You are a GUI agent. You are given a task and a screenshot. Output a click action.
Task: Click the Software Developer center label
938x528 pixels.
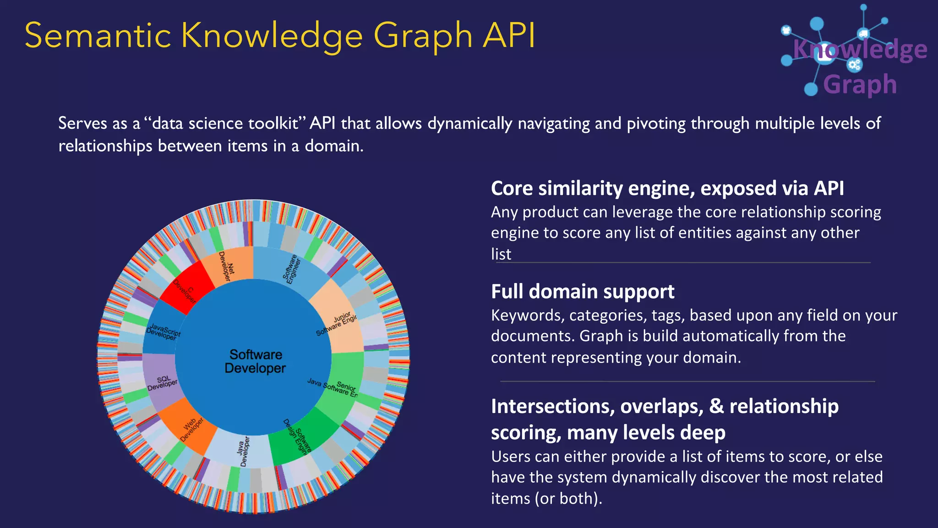[x=255, y=361]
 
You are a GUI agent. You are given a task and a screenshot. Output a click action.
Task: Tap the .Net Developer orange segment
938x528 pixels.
[x=228, y=266]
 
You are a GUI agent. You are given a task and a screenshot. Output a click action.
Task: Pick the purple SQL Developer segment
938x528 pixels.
[x=162, y=383]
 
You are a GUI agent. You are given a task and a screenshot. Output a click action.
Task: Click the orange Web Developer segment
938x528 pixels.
[x=191, y=429]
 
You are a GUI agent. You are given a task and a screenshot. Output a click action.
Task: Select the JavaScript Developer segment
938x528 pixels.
[x=163, y=331]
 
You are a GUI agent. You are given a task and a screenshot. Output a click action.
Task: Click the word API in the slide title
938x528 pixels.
[x=509, y=35]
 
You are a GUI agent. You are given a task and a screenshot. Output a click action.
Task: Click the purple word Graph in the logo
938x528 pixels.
[x=860, y=85]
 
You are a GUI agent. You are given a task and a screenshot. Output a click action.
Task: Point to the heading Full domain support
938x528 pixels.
[x=583, y=291]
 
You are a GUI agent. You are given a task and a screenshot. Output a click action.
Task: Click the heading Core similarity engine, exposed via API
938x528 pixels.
[x=667, y=188]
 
